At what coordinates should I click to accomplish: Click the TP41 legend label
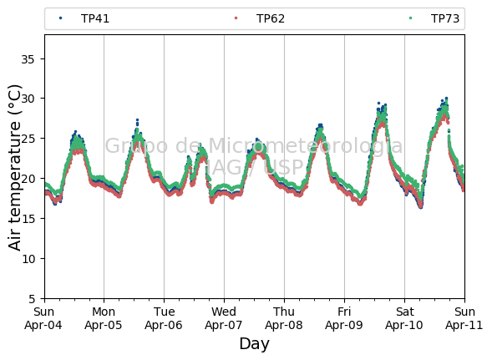click(x=95, y=18)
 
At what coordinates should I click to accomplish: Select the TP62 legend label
click(x=271, y=18)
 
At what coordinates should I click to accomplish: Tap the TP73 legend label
click(x=445, y=18)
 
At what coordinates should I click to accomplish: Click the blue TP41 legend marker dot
click(x=60, y=18)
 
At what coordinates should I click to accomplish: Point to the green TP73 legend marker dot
click(x=410, y=18)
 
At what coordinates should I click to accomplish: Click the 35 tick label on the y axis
click(x=28, y=59)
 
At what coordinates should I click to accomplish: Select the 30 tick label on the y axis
click(x=28, y=99)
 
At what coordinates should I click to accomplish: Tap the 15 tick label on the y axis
click(x=28, y=219)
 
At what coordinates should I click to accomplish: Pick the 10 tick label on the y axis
click(x=28, y=259)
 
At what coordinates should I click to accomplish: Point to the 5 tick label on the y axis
click(x=32, y=299)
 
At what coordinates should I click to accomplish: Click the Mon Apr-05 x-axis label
click(x=104, y=318)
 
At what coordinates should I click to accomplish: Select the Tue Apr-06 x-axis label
click(x=164, y=318)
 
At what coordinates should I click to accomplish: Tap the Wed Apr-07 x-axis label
click(x=224, y=318)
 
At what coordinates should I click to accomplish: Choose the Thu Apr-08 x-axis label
click(x=284, y=318)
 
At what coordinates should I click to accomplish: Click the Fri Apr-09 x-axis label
click(x=344, y=318)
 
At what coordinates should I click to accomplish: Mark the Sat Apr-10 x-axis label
click(x=404, y=318)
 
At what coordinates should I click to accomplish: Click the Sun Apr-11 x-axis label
click(x=464, y=318)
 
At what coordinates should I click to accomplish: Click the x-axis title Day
click(x=255, y=344)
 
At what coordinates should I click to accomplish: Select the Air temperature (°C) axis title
click(x=15, y=167)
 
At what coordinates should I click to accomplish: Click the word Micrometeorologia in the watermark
click(x=305, y=146)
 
